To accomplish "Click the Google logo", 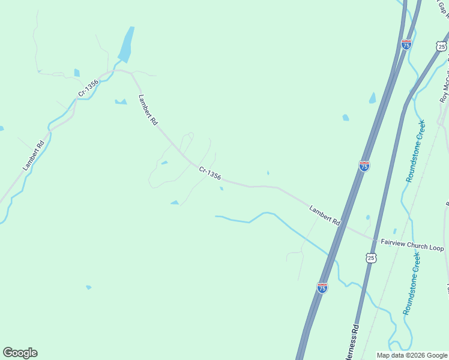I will pyautogui.click(x=20, y=353).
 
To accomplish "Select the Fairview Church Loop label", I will pyautogui.click(x=412, y=245).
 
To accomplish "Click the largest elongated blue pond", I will pyautogui.click(x=126, y=45).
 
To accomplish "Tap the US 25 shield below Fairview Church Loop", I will pyautogui.click(x=372, y=258).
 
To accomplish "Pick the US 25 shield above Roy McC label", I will pyautogui.click(x=441, y=46).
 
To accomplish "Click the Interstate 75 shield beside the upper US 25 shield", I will pyautogui.click(x=406, y=44).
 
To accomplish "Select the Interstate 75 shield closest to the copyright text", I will pyautogui.click(x=322, y=288).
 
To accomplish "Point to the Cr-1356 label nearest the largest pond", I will pyautogui.click(x=88, y=89).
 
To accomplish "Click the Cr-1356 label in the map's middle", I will pyautogui.click(x=210, y=173).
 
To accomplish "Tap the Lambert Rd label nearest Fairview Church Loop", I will pyautogui.click(x=325, y=216).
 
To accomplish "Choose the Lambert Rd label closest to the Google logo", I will pyautogui.click(x=34, y=155).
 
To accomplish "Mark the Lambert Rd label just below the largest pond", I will pyautogui.click(x=148, y=110).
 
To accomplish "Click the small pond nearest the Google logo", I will pyautogui.click(x=89, y=287).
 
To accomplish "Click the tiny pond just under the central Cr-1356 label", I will pyautogui.click(x=221, y=188).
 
